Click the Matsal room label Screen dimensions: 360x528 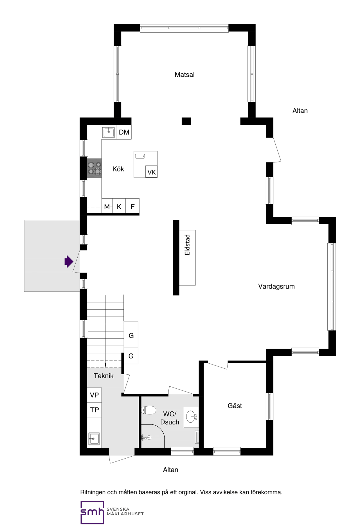click(x=184, y=75)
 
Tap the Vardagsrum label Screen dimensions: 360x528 click(x=276, y=287)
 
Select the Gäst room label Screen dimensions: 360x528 click(x=235, y=406)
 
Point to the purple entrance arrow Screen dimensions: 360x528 click(x=69, y=262)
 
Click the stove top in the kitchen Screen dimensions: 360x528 click(x=94, y=168)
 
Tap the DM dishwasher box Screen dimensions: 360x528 click(x=124, y=132)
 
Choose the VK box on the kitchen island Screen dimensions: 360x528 click(x=152, y=172)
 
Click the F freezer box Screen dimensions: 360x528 click(x=132, y=207)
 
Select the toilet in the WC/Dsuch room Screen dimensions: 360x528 click(x=148, y=410)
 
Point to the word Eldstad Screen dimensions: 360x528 click(x=187, y=245)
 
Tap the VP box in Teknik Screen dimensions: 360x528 click(x=94, y=395)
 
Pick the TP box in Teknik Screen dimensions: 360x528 click(x=94, y=410)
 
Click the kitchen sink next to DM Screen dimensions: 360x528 click(x=109, y=132)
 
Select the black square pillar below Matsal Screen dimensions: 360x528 click(x=186, y=121)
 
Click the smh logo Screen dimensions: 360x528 click(x=92, y=513)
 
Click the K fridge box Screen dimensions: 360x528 click(x=119, y=207)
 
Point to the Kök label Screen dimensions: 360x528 click(x=118, y=169)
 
